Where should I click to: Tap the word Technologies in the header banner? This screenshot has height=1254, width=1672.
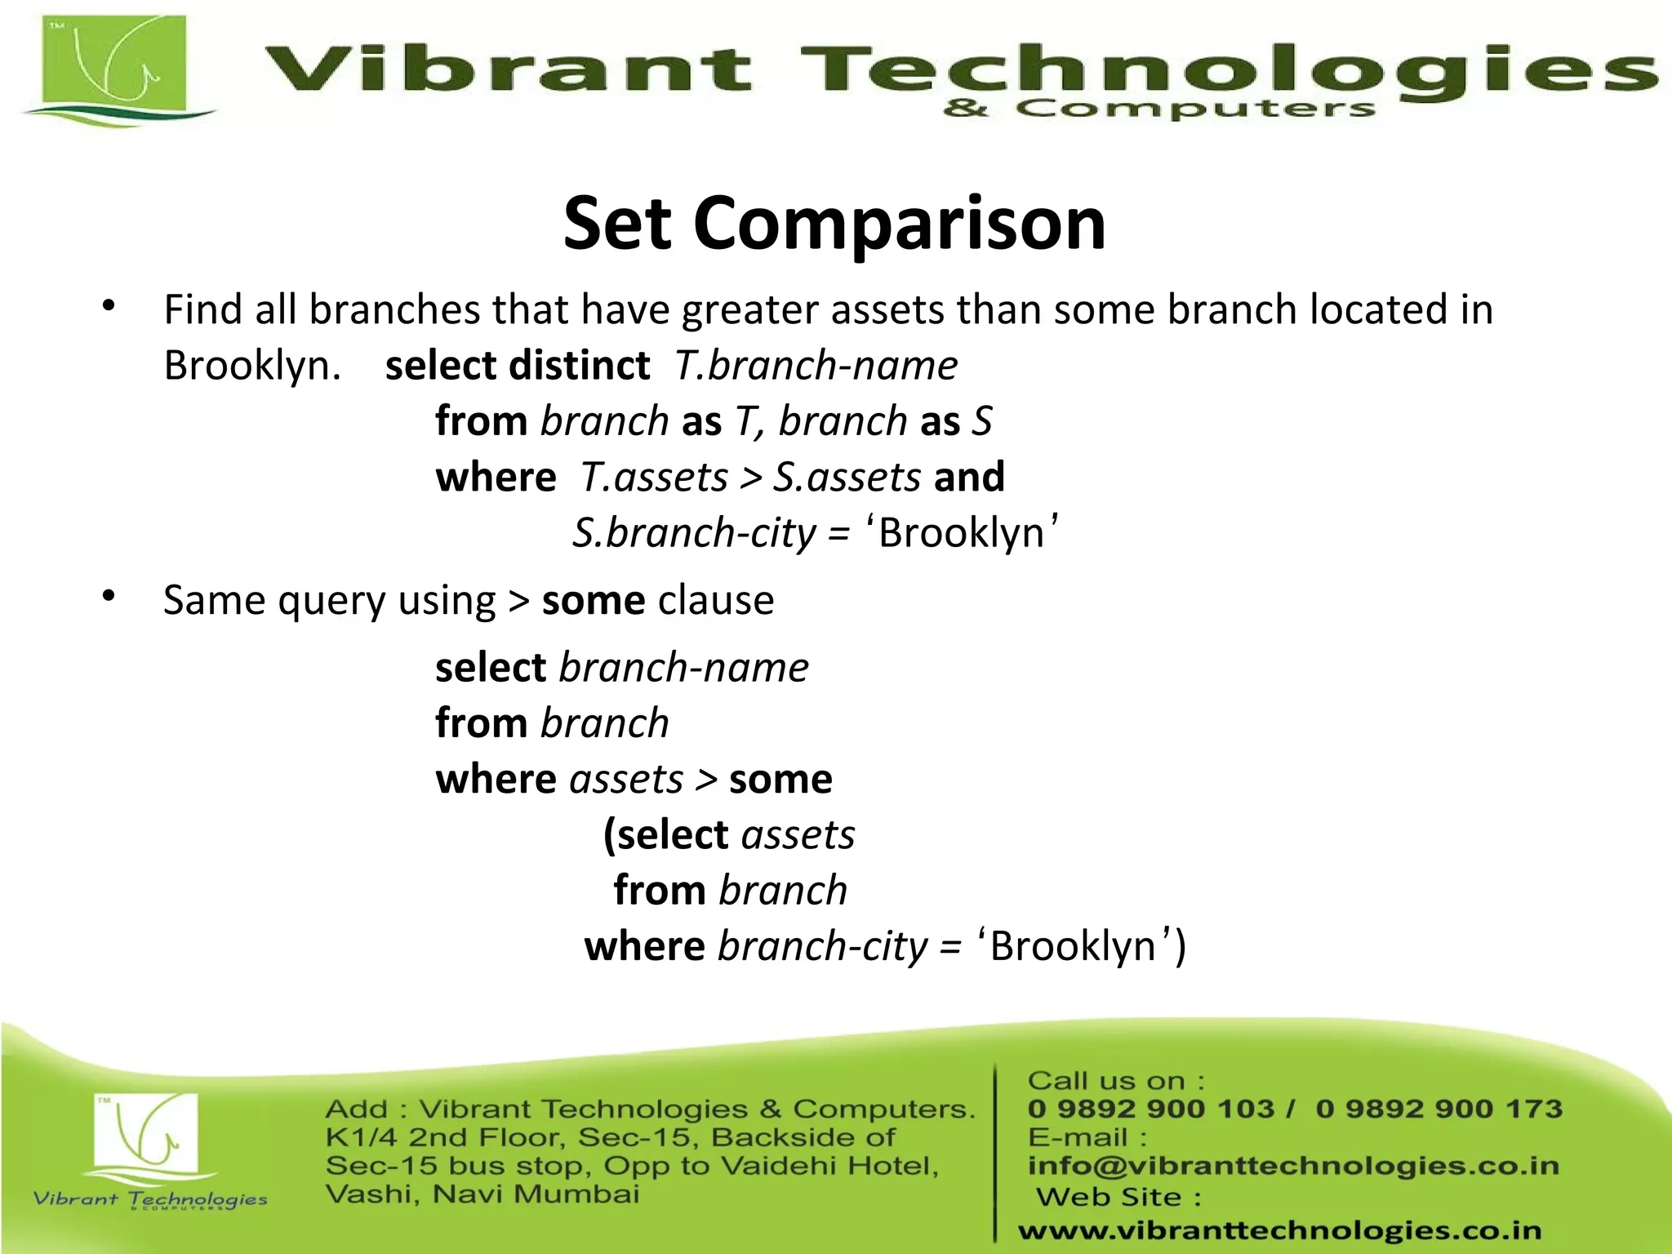pyautogui.click(x=1225, y=69)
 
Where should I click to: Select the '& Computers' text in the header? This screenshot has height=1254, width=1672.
pyautogui.click(x=1158, y=109)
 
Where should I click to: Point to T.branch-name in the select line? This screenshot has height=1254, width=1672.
pyautogui.click(x=816, y=366)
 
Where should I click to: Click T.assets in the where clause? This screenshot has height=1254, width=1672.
pyautogui.click(x=654, y=478)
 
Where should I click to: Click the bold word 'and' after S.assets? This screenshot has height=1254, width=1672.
pyautogui.click(x=969, y=478)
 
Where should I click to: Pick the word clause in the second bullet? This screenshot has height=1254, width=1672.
pyautogui.click(x=716, y=601)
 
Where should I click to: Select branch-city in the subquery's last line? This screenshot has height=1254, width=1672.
pyautogui.click(x=822, y=947)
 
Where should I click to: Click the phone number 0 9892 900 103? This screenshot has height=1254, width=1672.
pyautogui.click(x=1150, y=1109)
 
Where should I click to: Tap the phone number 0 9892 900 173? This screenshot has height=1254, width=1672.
pyautogui.click(x=1439, y=1109)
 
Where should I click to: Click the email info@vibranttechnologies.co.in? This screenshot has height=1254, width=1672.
pyautogui.click(x=1292, y=1166)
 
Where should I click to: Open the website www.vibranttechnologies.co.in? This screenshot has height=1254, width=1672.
pyautogui.click(x=1279, y=1230)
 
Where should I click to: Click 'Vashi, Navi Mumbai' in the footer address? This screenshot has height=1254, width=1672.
pyautogui.click(x=482, y=1194)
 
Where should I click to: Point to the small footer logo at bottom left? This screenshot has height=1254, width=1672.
pyautogui.click(x=147, y=1143)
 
